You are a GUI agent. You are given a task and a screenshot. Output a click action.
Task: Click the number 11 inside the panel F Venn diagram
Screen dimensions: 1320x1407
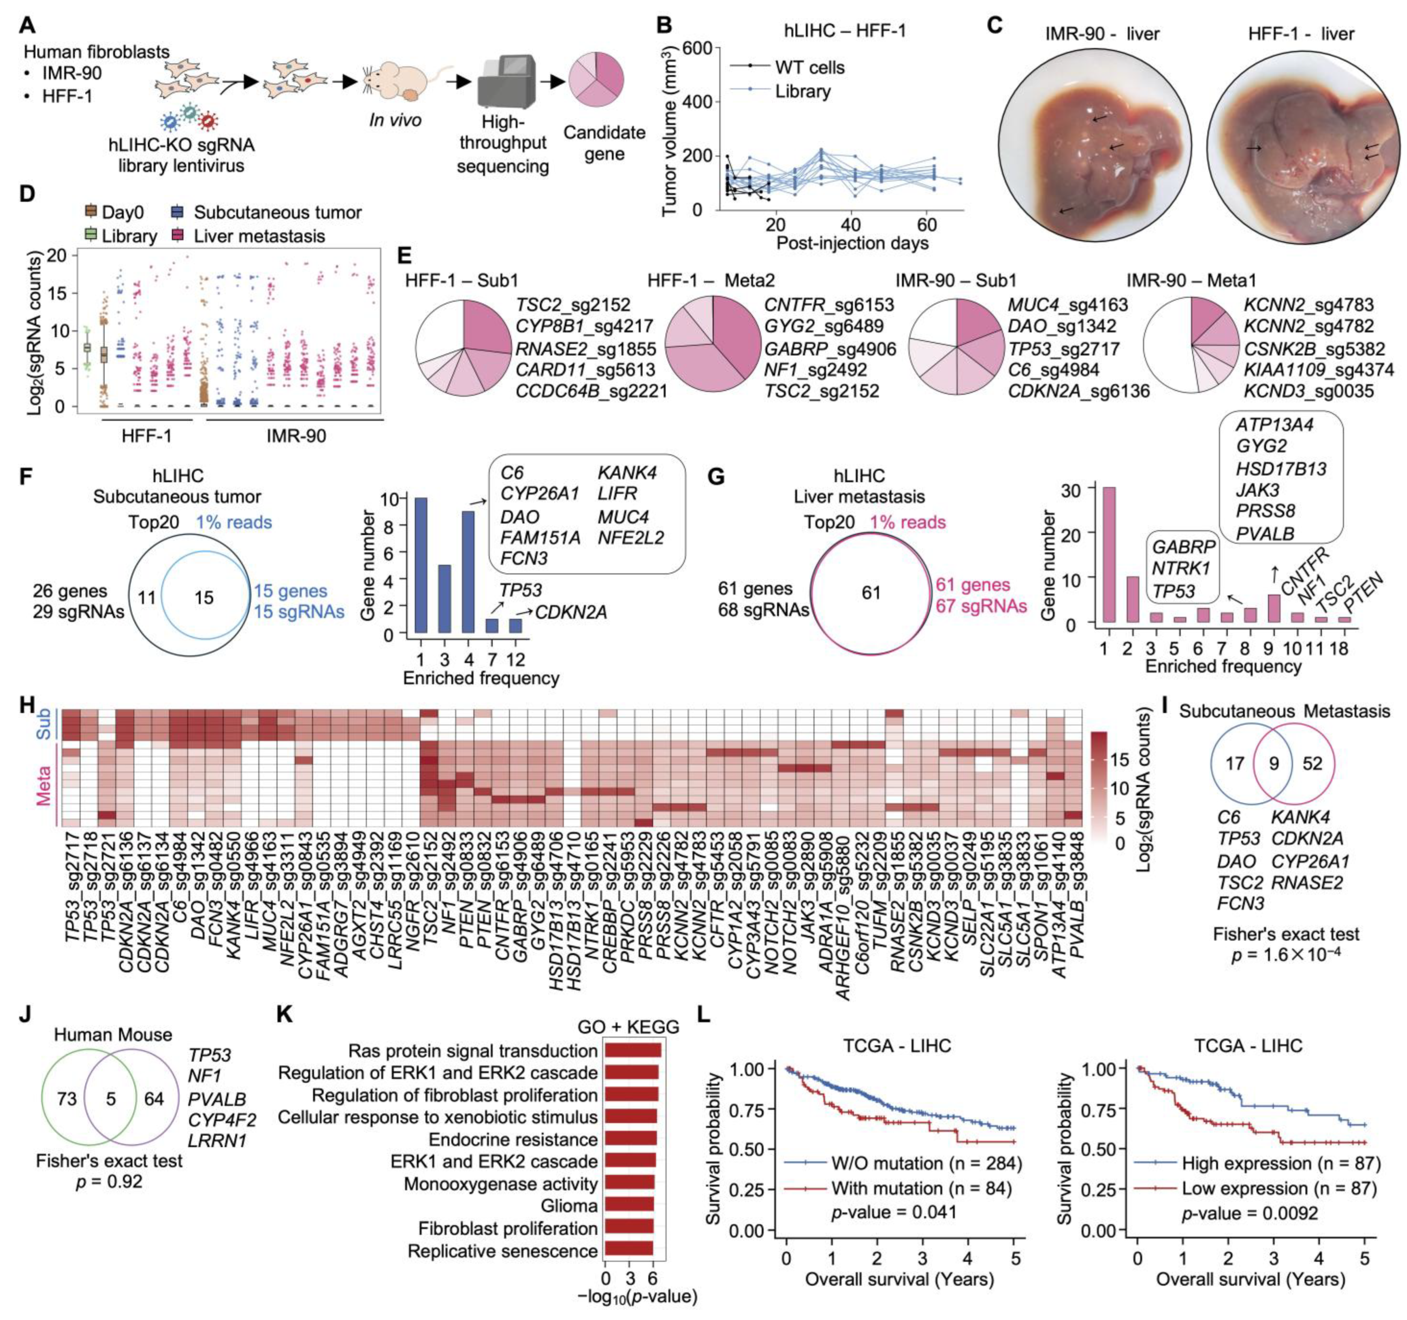click(x=146, y=598)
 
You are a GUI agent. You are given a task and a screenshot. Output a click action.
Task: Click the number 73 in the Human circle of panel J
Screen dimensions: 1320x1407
click(x=67, y=1099)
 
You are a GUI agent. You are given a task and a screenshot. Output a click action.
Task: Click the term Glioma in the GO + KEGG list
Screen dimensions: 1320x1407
click(x=569, y=1206)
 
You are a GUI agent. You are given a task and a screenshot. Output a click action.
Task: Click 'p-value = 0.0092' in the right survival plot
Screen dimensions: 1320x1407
click(x=1250, y=1214)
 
